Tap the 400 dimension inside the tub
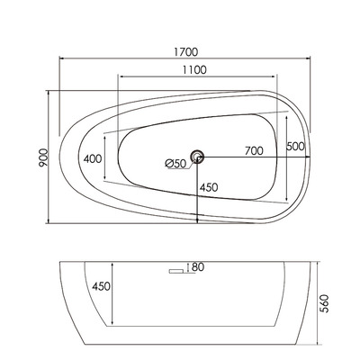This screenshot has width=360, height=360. coord(93,159)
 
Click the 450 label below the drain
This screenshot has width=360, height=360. coord(209,188)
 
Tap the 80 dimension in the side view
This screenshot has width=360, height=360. coord(197,266)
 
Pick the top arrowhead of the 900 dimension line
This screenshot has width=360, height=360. coord(49,91)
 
